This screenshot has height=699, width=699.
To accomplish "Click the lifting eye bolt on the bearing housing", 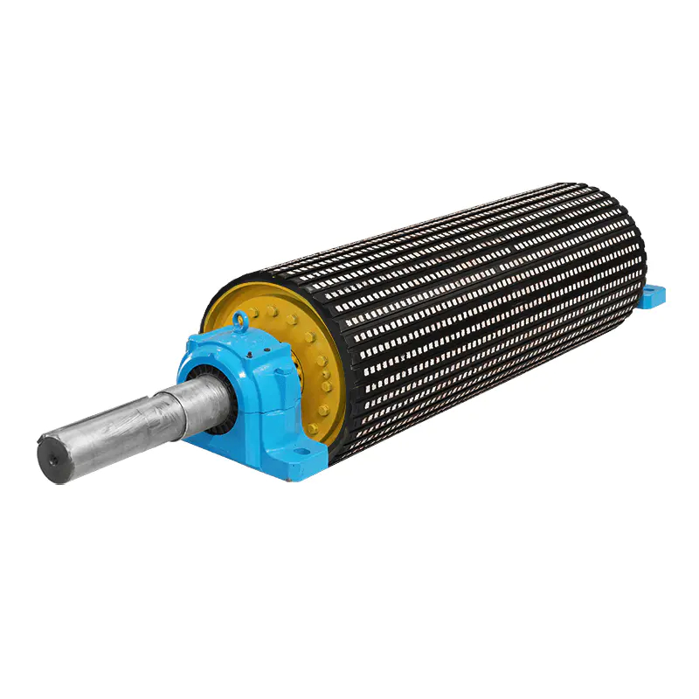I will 239,323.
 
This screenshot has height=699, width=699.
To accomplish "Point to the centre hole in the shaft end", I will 52,457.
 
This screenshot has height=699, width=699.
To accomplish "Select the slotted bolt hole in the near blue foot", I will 301,453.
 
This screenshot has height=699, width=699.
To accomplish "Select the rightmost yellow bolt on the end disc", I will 327,385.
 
